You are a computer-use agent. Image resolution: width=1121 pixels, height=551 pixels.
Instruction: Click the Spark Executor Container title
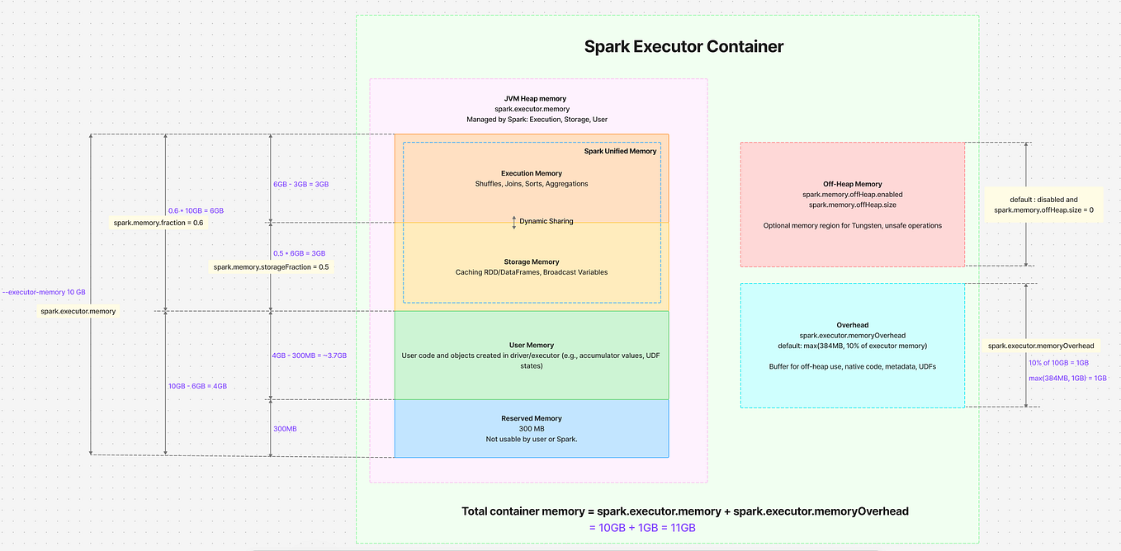click(x=683, y=46)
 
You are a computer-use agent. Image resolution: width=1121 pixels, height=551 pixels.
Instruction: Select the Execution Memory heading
click(x=531, y=173)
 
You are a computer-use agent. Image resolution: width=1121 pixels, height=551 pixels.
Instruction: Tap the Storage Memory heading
click(x=531, y=262)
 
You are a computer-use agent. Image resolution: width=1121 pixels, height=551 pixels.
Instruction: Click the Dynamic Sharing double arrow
click(x=513, y=222)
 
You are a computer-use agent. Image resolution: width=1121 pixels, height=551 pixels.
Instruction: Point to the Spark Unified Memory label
click(x=620, y=152)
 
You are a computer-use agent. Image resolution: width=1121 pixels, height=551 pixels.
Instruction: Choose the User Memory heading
click(x=531, y=345)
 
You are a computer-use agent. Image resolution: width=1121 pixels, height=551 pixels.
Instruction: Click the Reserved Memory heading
click(x=531, y=418)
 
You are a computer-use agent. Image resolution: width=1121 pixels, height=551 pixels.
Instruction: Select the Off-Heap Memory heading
click(x=852, y=184)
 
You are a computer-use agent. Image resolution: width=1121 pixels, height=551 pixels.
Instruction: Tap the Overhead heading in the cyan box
click(x=852, y=325)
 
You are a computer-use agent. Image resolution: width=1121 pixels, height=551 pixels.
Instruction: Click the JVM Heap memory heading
click(x=537, y=98)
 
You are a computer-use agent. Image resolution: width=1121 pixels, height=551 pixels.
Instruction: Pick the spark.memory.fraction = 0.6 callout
click(x=158, y=223)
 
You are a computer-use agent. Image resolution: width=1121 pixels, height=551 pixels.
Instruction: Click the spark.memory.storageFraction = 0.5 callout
click(x=272, y=266)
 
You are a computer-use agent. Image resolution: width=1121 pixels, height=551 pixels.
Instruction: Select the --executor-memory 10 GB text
click(x=44, y=292)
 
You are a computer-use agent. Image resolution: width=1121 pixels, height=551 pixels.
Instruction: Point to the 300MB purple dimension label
click(x=286, y=429)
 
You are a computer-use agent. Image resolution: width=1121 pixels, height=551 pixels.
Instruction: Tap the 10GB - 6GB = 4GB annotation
click(x=197, y=385)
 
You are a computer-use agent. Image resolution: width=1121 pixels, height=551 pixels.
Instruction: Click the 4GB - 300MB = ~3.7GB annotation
click(x=309, y=355)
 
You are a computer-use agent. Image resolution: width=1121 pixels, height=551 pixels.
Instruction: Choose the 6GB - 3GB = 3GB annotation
click(x=300, y=184)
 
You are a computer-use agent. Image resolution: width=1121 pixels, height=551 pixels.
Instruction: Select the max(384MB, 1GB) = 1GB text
click(x=1067, y=378)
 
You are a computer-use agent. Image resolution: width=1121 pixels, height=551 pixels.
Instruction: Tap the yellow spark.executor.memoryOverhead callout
click(x=1040, y=346)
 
